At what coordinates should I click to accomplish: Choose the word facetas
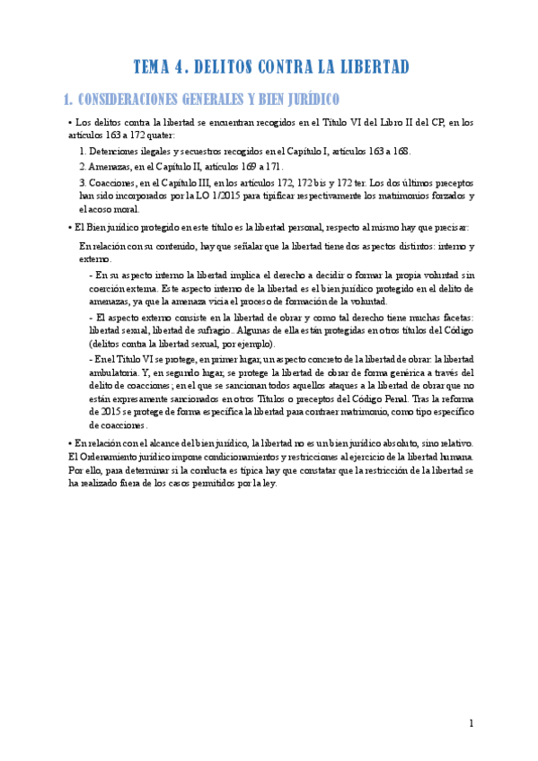tap(456, 319)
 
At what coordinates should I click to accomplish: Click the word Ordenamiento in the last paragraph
tap(111, 457)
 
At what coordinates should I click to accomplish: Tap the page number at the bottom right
tap(471, 723)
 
